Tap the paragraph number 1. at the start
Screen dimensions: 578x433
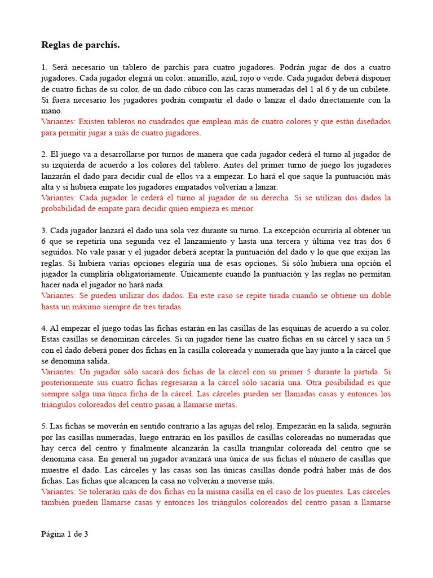pos(44,67)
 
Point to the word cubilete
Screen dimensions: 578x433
pos(372,89)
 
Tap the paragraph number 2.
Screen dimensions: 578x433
pos(44,154)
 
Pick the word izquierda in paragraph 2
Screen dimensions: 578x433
pos(68,165)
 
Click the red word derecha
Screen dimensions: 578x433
pos(272,198)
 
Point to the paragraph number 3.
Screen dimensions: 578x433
pos(44,230)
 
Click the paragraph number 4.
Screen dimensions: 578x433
pos(44,328)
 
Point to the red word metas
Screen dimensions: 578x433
pos(225,405)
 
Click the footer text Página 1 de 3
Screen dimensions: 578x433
pos(64,534)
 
